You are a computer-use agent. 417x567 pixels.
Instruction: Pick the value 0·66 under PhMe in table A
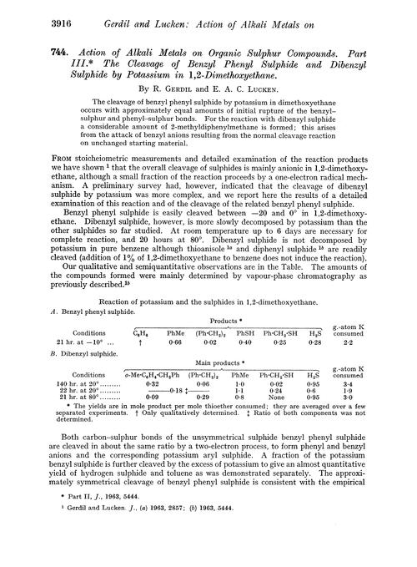pyautogui.click(x=176, y=343)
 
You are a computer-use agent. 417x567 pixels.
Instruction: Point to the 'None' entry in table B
pyautogui.click(x=284, y=398)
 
